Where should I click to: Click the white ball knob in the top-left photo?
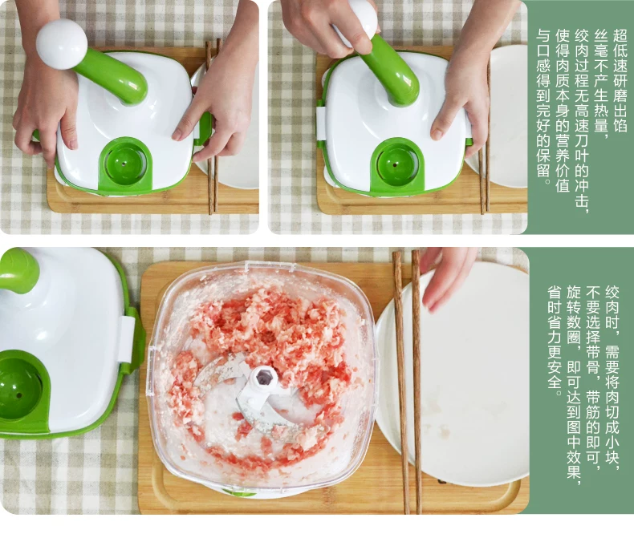click(62, 44)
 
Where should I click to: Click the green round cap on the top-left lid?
click(125, 164)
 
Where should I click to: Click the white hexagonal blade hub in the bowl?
click(263, 378)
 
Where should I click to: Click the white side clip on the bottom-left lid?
click(126, 339)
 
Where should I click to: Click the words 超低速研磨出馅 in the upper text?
click(620, 80)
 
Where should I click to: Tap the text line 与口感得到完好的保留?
click(543, 107)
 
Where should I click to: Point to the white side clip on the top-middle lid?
click(321, 123)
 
